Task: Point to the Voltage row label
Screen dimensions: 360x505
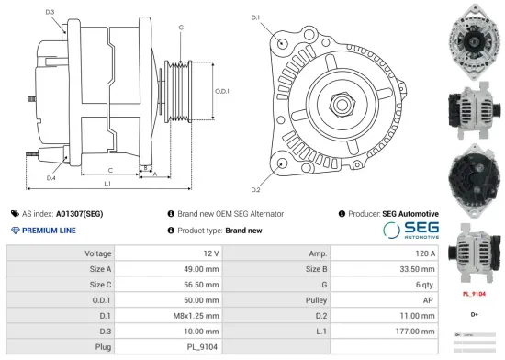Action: click(98, 253)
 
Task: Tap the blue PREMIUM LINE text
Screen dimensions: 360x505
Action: click(49, 231)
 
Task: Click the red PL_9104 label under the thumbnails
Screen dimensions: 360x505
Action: click(474, 296)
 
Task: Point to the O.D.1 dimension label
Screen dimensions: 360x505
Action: click(221, 91)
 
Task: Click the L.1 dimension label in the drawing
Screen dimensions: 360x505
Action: click(107, 186)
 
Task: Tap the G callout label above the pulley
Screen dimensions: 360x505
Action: click(181, 28)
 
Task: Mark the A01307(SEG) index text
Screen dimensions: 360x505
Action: click(79, 213)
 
